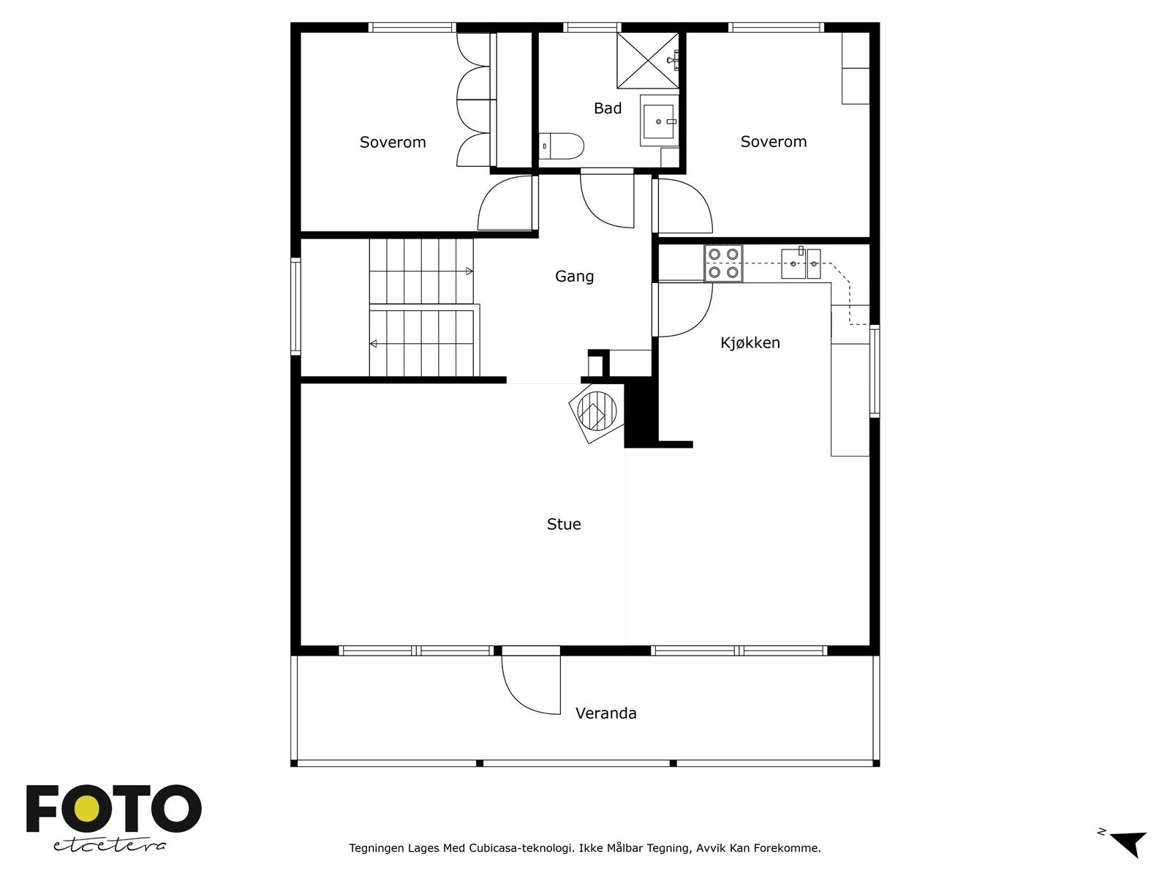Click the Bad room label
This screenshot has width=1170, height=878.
(607, 108)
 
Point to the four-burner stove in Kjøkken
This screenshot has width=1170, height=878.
(723, 263)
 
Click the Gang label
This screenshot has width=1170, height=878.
(574, 277)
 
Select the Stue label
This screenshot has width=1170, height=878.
(564, 524)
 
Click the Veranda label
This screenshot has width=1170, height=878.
(605, 713)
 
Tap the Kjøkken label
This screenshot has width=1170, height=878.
(750, 342)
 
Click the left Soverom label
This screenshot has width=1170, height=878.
(393, 142)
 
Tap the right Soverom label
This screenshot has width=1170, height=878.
(773, 142)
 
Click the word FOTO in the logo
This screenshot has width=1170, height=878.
(113, 809)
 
